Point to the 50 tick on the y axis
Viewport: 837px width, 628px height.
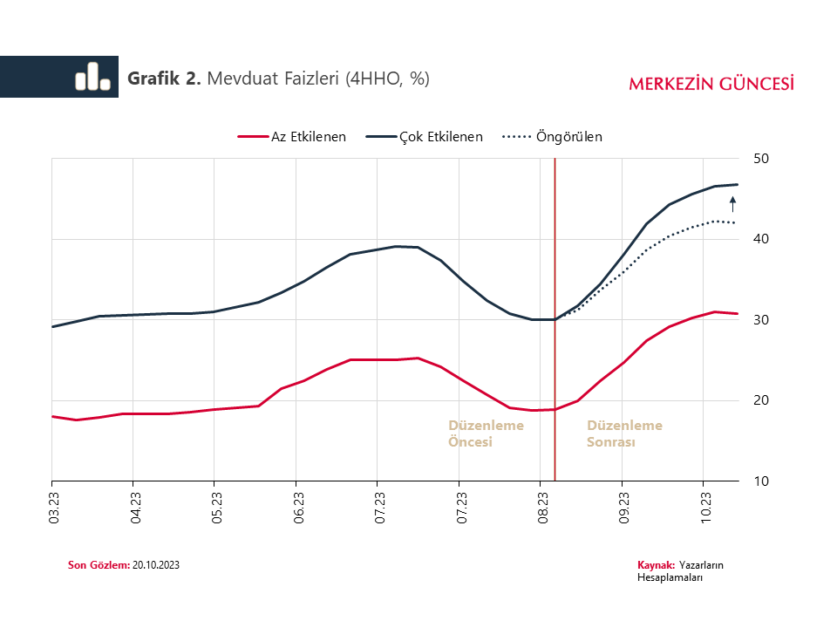click(760, 159)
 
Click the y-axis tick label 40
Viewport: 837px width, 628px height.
click(760, 239)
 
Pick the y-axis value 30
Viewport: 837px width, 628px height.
click(760, 320)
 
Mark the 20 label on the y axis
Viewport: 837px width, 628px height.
click(760, 400)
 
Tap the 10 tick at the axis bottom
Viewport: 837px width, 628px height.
click(760, 481)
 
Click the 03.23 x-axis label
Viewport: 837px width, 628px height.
click(54, 507)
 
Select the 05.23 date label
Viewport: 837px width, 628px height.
click(216, 507)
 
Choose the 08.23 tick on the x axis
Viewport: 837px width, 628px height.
click(542, 507)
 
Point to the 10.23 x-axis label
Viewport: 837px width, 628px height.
click(706, 507)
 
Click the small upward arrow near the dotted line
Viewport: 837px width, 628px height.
click(732, 205)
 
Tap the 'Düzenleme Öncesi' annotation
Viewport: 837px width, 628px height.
click(486, 433)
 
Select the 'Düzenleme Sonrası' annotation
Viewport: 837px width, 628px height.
click(624, 433)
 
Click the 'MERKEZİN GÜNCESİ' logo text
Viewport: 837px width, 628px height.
click(711, 84)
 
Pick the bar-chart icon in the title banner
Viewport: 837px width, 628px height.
click(92, 77)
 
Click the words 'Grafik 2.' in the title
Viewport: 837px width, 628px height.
click(164, 78)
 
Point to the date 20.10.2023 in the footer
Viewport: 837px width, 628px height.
click(157, 565)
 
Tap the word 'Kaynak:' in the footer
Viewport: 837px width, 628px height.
click(657, 565)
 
